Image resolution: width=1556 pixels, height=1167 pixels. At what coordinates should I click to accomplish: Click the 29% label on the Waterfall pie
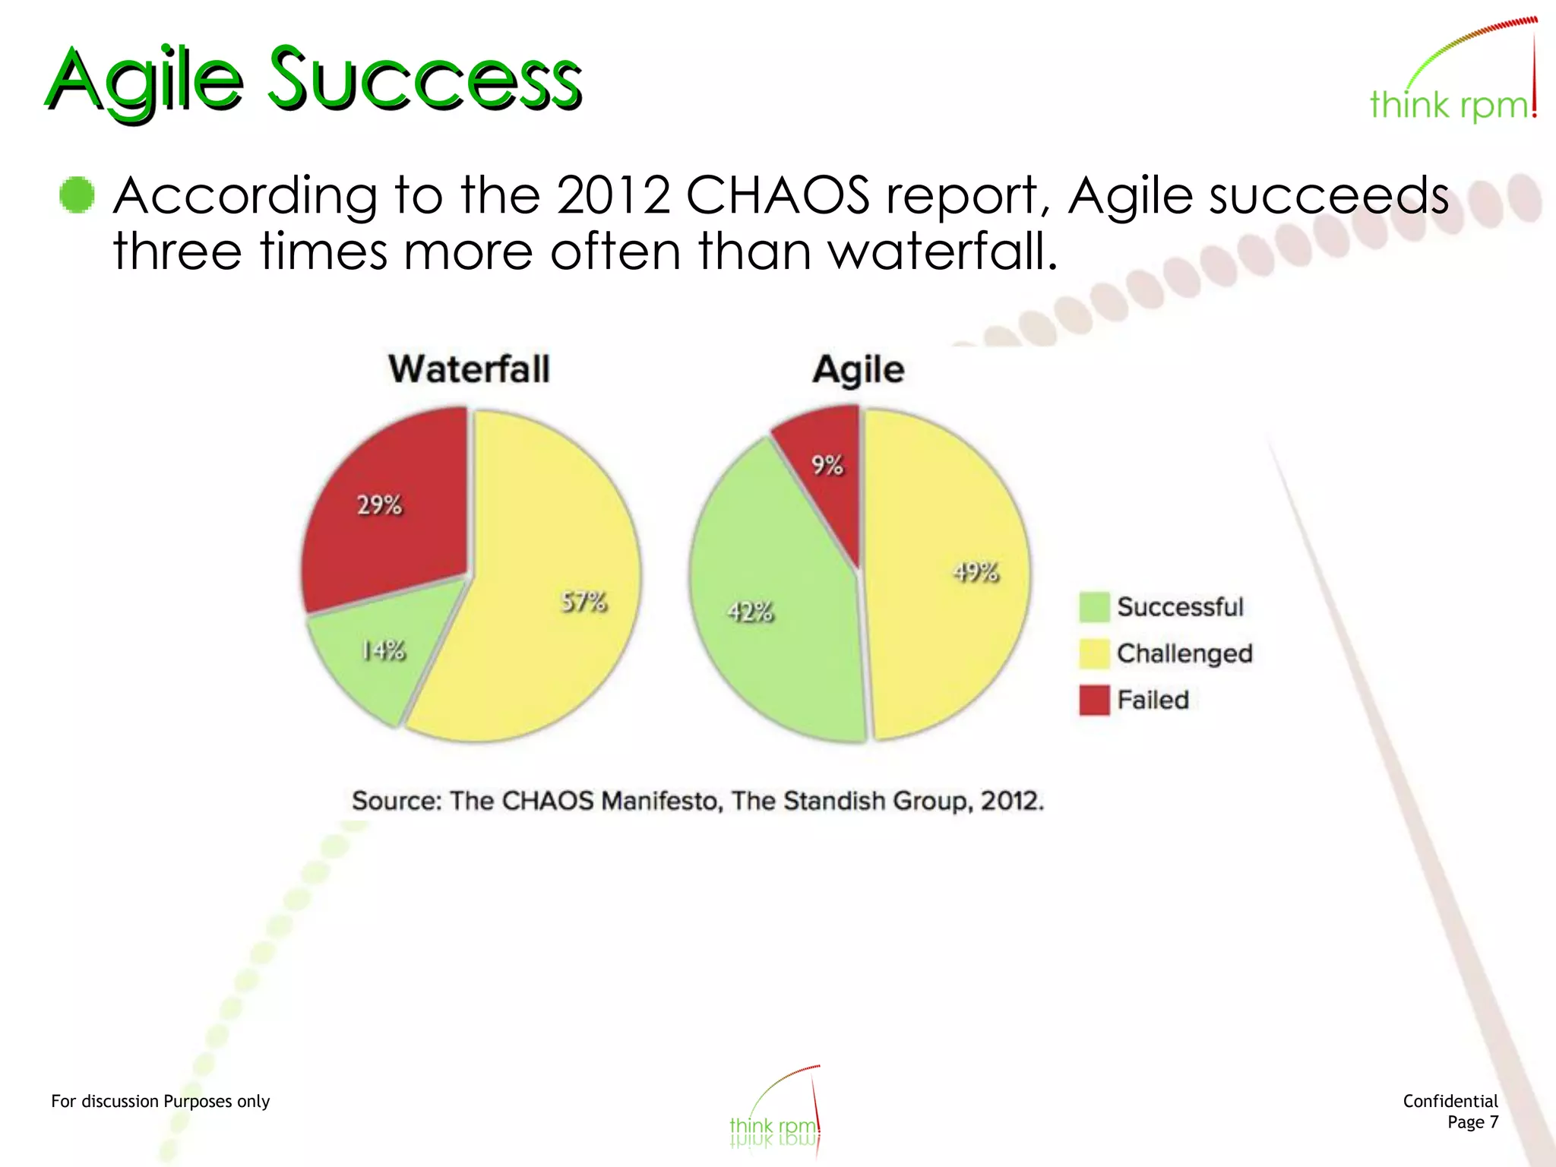coord(379,504)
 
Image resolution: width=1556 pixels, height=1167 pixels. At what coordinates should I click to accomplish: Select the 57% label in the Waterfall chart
coord(583,602)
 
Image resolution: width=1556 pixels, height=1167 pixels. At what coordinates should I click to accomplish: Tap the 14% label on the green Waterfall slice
coord(383,650)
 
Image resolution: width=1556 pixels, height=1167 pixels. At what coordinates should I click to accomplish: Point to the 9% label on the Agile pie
coord(827,464)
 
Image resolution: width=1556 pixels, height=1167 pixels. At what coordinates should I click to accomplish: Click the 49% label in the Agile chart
coord(976,571)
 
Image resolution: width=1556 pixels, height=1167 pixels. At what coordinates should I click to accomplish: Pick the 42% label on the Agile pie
coord(750,611)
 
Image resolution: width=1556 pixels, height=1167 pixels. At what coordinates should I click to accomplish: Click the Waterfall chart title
coord(469,369)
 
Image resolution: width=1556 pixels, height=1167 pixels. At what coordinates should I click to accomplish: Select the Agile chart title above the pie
coord(858,370)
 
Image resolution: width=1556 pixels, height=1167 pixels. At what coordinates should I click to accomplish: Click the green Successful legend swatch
coord(1094,607)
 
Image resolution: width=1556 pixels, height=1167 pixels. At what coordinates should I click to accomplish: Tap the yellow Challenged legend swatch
coord(1094,653)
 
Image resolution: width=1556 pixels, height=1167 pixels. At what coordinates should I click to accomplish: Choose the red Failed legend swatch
coord(1094,700)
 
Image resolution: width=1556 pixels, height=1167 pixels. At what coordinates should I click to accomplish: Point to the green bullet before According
coord(77,195)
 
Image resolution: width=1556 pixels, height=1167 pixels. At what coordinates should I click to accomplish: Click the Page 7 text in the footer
coord(1472,1122)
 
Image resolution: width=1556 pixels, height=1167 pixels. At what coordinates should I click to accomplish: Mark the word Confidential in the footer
coord(1450,1101)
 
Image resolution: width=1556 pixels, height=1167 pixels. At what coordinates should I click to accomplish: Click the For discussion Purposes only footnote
coord(160,1101)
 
